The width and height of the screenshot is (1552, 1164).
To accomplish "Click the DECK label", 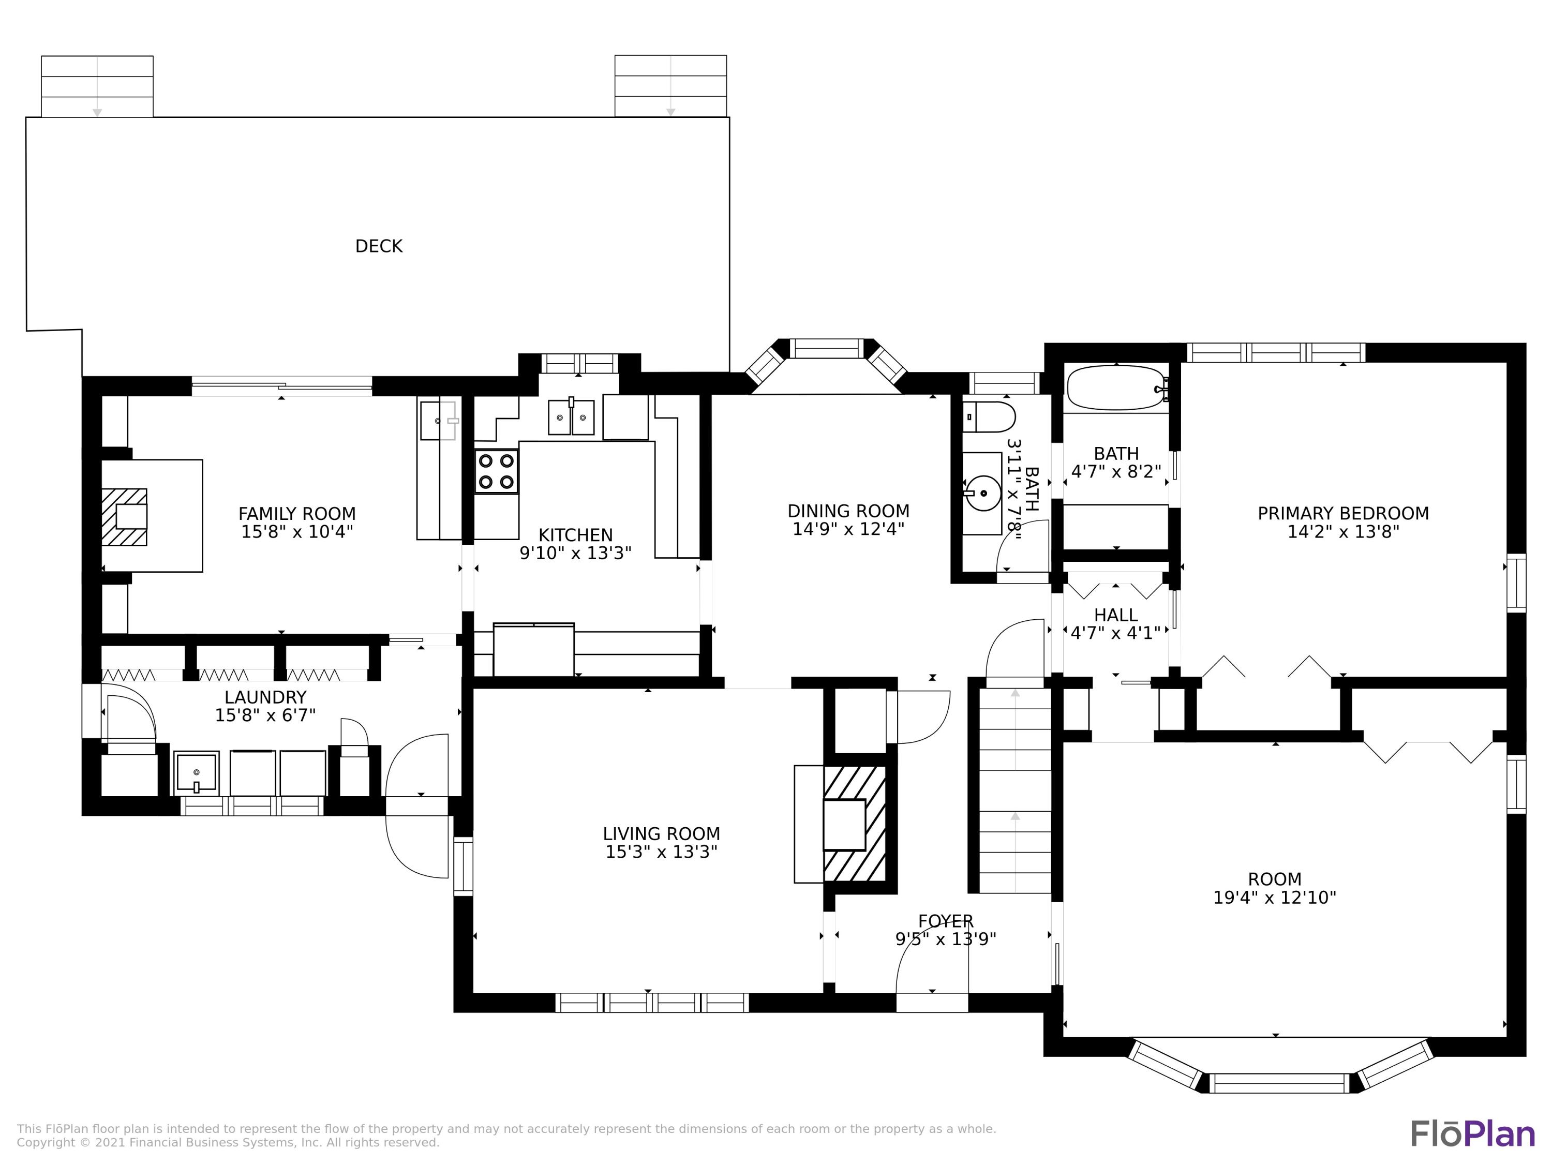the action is [x=379, y=246].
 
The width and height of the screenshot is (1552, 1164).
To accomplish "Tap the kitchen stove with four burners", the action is [x=496, y=471].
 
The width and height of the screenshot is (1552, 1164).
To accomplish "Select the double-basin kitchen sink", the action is [x=571, y=417].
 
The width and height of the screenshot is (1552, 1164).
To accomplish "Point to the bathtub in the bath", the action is [x=1115, y=387].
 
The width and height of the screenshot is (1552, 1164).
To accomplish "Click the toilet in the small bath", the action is [x=989, y=417].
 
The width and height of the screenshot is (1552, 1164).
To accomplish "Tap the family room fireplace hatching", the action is [x=124, y=517].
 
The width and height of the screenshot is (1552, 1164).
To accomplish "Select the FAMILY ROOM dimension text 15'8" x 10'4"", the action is [x=297, y=532].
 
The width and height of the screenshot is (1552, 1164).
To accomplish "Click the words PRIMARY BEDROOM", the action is [x=1343, y=514].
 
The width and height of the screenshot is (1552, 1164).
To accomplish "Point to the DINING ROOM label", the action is [x=848, y=512].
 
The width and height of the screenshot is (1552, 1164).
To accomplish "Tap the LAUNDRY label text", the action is [x=265, y=697].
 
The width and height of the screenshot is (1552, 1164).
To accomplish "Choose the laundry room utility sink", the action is [x=197, y=773].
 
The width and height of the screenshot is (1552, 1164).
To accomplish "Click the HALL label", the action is [x=1115, y=615].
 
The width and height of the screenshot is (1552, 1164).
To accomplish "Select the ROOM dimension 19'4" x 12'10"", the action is [x=1275, y=898].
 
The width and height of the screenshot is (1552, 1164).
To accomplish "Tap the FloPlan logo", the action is [x=1473, y=1134].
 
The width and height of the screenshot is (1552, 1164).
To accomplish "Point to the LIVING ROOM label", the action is [x=661, y=834].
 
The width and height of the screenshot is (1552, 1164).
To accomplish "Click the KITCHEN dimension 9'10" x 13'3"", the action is [x=575, y=554].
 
